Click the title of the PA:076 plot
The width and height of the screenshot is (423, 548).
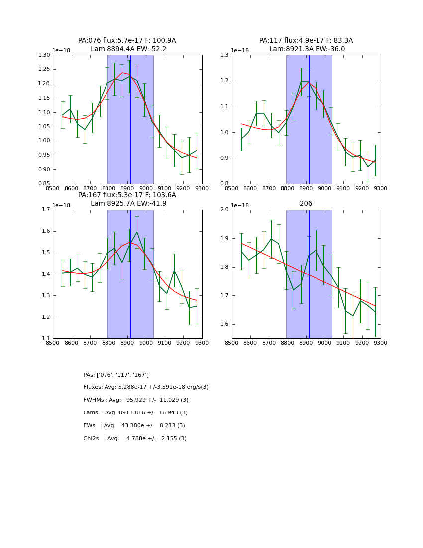(127, 41)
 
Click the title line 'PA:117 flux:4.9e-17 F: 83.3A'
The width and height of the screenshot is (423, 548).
(306, 41)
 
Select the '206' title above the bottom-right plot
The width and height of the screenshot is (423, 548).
(306, 204)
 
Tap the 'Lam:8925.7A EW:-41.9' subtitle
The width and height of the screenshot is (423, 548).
(128, 204)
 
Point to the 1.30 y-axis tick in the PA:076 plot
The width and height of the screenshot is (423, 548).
(45, 55)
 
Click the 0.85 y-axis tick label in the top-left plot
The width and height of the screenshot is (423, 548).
(45, 184)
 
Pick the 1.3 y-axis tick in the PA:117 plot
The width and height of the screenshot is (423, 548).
(225, 55)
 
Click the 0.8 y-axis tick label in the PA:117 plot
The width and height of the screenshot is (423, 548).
(225, 184)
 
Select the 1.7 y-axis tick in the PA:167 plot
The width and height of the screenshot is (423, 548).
(46, 210)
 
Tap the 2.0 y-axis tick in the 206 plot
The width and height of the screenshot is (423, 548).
(225, 210)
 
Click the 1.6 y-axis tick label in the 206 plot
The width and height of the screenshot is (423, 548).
(225, 324)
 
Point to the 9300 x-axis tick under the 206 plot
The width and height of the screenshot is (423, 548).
(381, 343)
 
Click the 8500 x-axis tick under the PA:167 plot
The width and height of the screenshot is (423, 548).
(53, 343)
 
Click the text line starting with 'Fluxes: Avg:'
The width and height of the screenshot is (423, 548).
(146, 387)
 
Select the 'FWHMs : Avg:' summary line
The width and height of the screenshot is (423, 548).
(136, 400)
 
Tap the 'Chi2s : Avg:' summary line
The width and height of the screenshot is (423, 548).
(135, 439)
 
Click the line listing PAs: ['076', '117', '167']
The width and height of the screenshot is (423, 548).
(116, 375)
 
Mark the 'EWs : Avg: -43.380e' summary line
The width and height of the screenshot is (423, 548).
(134, 426)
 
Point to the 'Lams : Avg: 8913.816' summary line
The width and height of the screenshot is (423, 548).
(135, 413)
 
